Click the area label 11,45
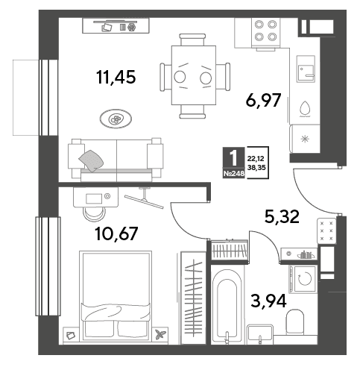(x=116, y=77)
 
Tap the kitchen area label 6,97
(x=263, y=100)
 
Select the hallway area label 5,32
(x=282, y=216)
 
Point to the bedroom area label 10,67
(x=116, y=233)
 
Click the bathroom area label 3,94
(x=268, y=301)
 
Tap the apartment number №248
(x=234, y=174)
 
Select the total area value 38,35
(x=256, y=168)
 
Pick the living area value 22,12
(x=256, y=158)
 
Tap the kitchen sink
(x=306, y=69)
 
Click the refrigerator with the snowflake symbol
(x=305, y=139)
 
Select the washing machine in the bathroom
(x=303, y=278)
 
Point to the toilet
(x=295, y=322)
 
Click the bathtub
(x=228, y=305)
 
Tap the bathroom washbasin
(x=260, y=334)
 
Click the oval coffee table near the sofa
(x=116, y=119)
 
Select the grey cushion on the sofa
(x=91, y=160)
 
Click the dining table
(x=194, y=75)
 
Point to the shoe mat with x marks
(x=326, y=230)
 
